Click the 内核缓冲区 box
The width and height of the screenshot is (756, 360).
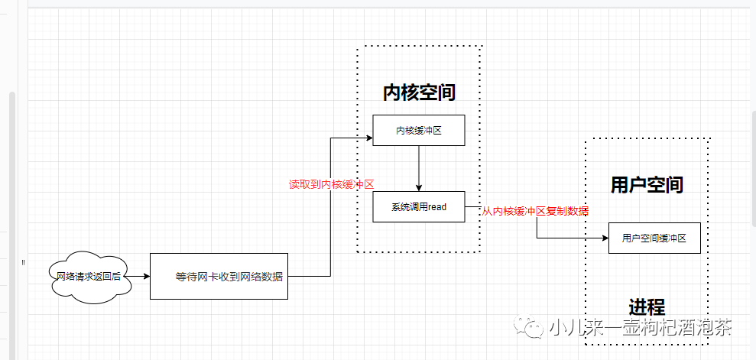pyautogui.click(x=418, y=131)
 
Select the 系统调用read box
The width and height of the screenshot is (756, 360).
pyautogui.click(x=418, y=207)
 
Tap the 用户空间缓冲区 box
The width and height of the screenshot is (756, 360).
pyautogui.click(x=654, y=238)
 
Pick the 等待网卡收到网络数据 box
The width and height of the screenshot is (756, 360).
pyautogui.click(x=219, y=276)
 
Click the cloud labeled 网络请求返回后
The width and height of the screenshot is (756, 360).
pyautogui.click(x=89, y=276)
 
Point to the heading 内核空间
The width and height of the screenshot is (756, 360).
pyautogui.click(x=419, y=93)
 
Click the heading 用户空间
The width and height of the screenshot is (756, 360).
pyautogui.click(x=647, y=184)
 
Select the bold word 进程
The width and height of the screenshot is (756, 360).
pyautogui.click(x=647, y=306)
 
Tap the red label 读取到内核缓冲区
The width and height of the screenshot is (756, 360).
pyautogui.click(x=331, y=184)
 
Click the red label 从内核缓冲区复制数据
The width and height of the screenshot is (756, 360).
pyautogui.click(x=535, y=211)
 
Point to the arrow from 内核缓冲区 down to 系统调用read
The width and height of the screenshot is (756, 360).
pyautogui.click(x=419, y=168)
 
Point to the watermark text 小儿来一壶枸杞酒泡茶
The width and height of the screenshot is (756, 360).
pyautogui.click(x=640, y=328)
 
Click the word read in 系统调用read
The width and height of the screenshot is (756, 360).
pyautogui.click(x=437, y=207)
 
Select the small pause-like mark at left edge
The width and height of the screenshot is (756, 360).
pyautogui.click(x=23, y=262)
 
